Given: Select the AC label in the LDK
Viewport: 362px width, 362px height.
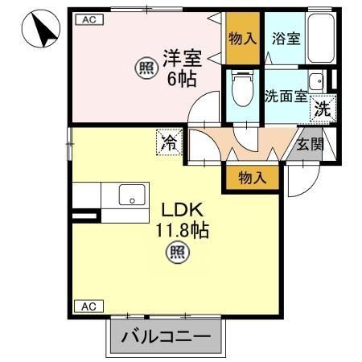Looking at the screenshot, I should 88,306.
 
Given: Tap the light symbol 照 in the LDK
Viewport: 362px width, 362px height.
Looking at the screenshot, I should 179,254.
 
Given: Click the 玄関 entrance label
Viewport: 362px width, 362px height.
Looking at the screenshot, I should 309,145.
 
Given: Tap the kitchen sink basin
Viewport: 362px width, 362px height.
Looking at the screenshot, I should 130,195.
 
